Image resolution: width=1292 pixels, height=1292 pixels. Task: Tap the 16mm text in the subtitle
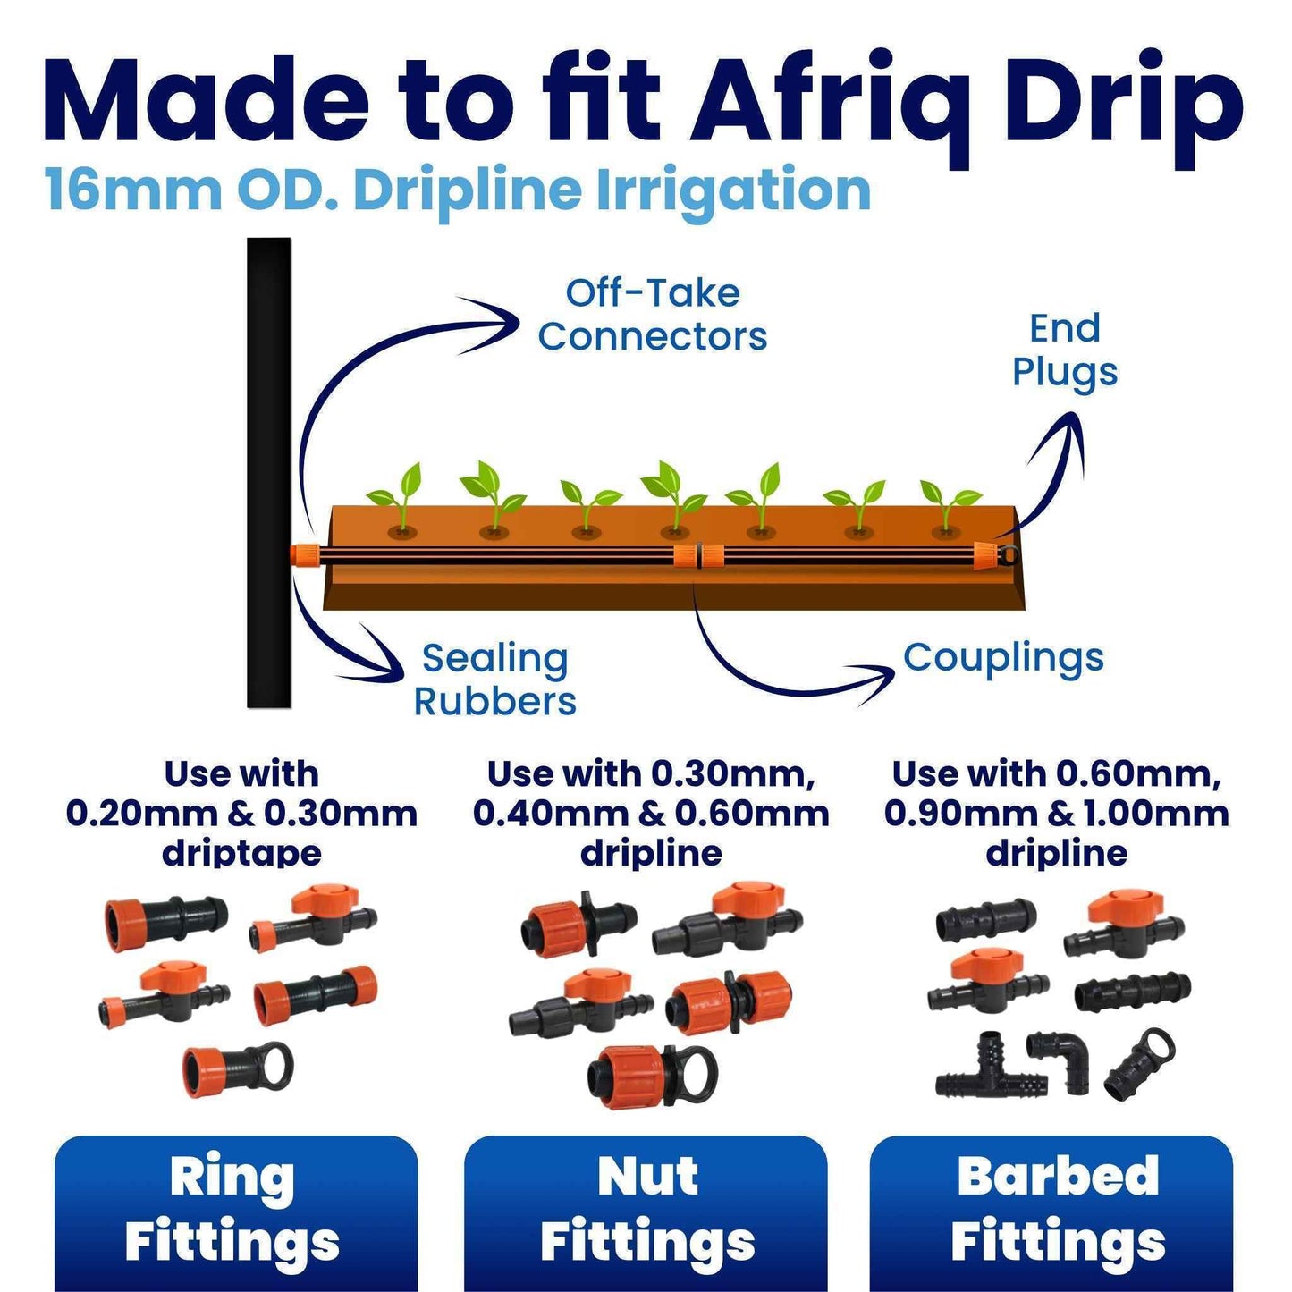[132, 191]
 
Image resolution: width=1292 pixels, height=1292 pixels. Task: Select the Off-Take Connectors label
[653, 315]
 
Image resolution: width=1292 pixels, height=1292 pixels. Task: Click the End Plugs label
[1065, 350]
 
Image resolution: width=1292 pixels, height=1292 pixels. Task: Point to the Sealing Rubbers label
[494, 680]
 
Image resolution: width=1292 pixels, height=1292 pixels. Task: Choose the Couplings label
[1004, 658]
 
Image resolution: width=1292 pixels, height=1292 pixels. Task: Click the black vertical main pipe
[269, 472]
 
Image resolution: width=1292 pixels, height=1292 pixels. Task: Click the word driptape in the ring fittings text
[241, 854]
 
